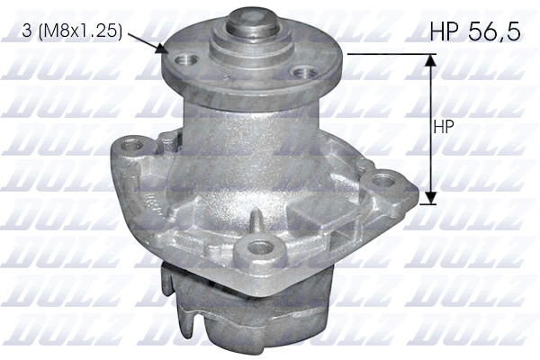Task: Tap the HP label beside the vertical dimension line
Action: [443, 127]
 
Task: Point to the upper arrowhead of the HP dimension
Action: [430, 60]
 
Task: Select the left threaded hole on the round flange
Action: [188, 60]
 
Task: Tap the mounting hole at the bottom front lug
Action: [260, 246]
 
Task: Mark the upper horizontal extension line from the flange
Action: [387, 53]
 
